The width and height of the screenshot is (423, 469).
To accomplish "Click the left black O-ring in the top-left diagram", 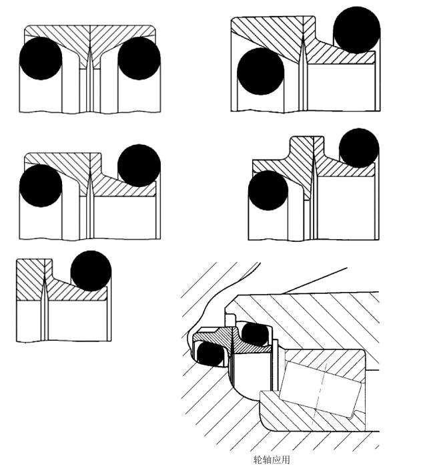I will click(41, 59).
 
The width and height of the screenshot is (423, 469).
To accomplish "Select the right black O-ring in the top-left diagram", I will click(139, 59).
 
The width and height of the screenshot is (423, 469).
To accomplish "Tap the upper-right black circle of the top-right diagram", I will click(356, 30).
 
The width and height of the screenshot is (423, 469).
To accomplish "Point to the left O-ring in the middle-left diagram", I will click(41, 185).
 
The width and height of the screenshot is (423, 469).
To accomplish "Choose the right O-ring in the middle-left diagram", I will click(139, 166).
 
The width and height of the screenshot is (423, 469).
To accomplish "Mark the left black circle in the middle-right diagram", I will click(268, 190).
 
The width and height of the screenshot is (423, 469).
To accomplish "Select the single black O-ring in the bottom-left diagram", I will click(90, 271).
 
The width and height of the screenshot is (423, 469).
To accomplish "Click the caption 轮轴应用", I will click(272, 460).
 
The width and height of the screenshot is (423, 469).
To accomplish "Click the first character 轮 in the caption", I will click(258, 460).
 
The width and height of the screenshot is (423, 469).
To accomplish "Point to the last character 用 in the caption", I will click(286, 460).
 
